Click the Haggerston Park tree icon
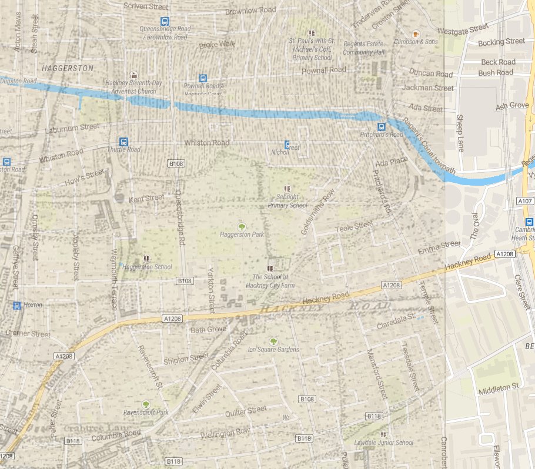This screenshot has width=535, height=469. (x=240, y=226)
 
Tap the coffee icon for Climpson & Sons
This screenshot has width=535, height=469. (x=416, y=34)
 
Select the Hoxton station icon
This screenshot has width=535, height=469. (x=17, y=305)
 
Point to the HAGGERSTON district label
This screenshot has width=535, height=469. (x=68, y=68)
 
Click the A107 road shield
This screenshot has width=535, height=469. (x=526, y=202)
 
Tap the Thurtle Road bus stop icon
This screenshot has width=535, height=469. (x=123, y=142)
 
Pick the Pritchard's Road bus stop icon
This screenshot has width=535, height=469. (x=381, y=126)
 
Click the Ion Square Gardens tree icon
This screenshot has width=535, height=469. (x=273, y=341)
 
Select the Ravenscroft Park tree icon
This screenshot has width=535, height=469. (x=146, y=404)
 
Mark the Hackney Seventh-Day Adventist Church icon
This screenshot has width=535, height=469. (x=135, y=75)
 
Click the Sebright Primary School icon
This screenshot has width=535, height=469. (x=287, y=189)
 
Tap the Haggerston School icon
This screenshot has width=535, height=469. (x=146, y=258)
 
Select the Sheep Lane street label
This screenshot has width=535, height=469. (x=460, y=133)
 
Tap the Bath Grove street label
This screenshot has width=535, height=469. (x=208, y=330)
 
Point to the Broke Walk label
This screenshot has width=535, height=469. (x=217, y=44)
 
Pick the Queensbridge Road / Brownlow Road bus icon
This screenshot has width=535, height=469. (x=165, y=21)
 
